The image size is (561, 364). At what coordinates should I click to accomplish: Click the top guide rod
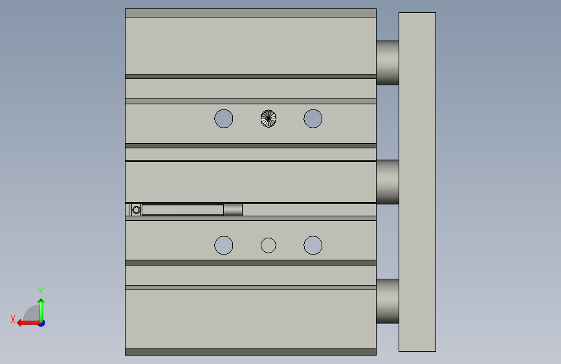(388, 62)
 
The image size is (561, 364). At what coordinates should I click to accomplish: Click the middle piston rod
(388, 181)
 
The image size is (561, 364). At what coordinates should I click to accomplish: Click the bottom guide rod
(388, 301)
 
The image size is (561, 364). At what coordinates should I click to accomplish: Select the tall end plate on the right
(417, 182)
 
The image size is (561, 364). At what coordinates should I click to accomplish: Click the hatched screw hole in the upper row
(269, 119)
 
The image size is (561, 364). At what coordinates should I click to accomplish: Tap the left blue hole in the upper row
(224, 119)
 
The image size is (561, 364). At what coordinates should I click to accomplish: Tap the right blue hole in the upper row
(313, 119)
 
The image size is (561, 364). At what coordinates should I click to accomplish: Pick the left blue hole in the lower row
(224, 245)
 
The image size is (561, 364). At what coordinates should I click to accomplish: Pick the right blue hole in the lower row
(313, 245)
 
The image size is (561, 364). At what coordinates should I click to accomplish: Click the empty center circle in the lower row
(269, 245)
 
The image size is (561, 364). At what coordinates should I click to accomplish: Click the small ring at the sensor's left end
(136, 210)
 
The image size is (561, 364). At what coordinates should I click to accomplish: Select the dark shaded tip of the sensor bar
(233, 210)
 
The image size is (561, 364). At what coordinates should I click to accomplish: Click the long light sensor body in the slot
(183, 210)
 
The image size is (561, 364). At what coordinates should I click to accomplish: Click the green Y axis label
(41, 291)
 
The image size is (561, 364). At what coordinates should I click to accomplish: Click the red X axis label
(13, 319)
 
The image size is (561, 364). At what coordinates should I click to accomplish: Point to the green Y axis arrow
(41, 310)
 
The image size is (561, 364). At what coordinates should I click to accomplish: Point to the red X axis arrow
(28, 323)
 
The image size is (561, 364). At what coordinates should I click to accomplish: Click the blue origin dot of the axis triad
(42, 323)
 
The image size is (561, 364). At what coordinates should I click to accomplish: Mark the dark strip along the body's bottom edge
(250, 352)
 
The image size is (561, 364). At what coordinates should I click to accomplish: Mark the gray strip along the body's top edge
(250, 13)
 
